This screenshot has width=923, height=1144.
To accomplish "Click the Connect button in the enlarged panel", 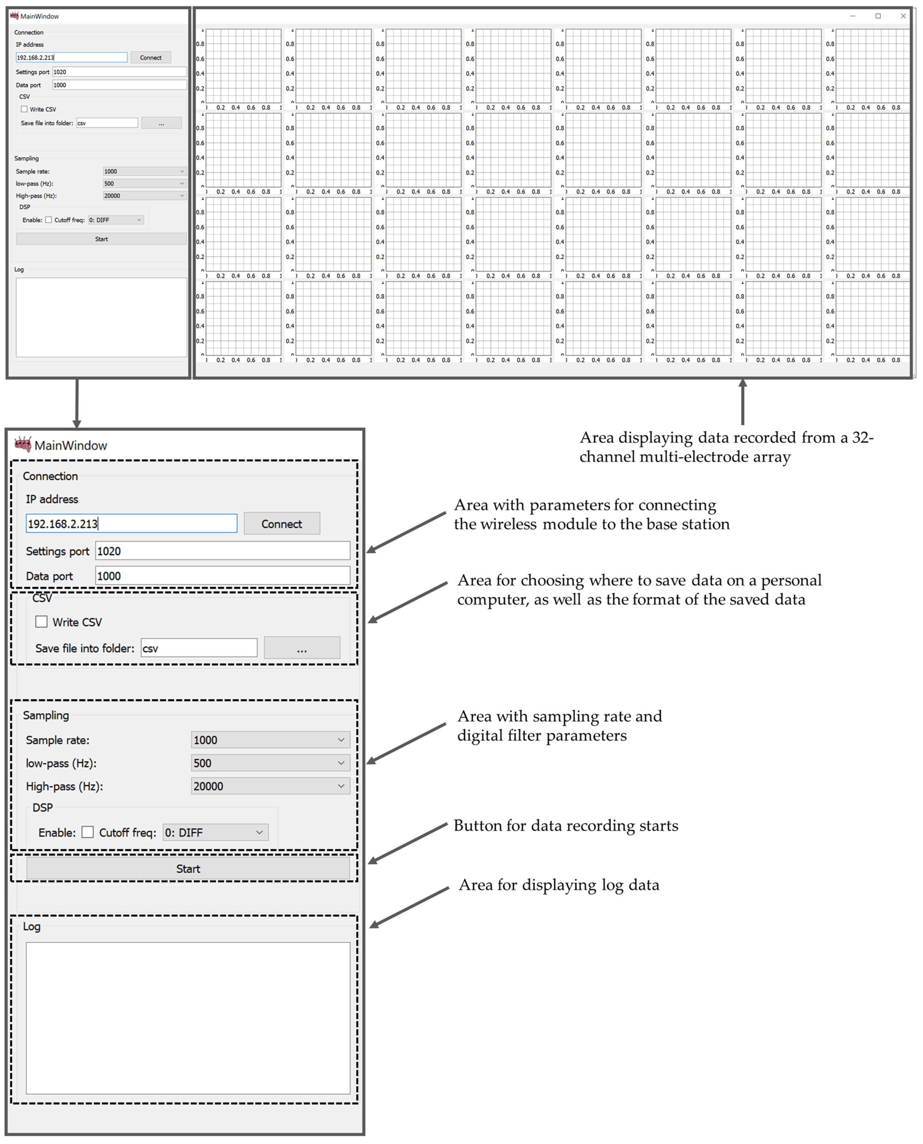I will coord(282,524).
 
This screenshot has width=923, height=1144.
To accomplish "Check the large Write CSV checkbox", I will coord(41,621).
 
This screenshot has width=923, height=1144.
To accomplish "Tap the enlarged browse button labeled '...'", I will coord(302,648).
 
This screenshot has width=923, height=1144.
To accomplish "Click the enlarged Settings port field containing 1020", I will coord(222,551).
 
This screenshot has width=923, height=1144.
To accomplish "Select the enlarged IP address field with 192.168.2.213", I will coord(131,524).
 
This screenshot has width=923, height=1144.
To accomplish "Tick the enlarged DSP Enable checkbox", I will coord(88,832).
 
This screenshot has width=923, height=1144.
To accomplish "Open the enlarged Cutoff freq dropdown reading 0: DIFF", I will coord(215,832).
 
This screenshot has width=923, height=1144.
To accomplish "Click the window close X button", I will coord(903,16).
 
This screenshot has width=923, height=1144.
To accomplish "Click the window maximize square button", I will coord(878,16).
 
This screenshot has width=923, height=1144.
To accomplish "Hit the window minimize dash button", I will coord(853,16).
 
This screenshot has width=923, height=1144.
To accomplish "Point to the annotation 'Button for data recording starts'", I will coord(566,826).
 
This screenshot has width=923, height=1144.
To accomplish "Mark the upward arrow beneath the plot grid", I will coord(742,401).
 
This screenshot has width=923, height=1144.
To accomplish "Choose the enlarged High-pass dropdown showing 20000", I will coord(270,786).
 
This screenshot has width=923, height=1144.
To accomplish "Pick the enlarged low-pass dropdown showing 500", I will coord(270,763).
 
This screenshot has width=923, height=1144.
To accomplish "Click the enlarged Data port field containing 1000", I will coord(222,576).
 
